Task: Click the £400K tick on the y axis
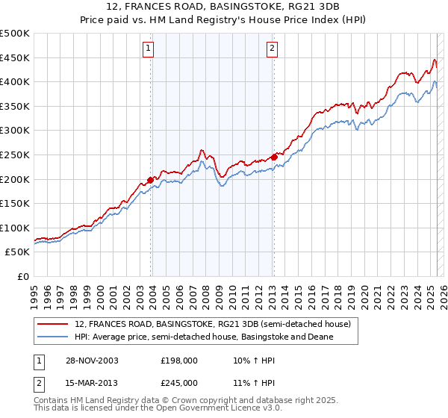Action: point(16,82)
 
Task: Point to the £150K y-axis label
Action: point(16,203)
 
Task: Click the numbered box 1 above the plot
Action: point(148,49)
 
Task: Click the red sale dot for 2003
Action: point(151,179)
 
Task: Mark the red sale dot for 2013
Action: point(274,157)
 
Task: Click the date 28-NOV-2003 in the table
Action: point(94,361)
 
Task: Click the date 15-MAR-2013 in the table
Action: point(94,383)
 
